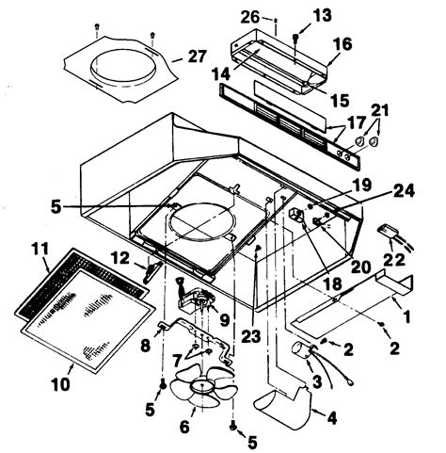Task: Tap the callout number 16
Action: (342, 43)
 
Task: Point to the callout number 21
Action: (379, 113)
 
